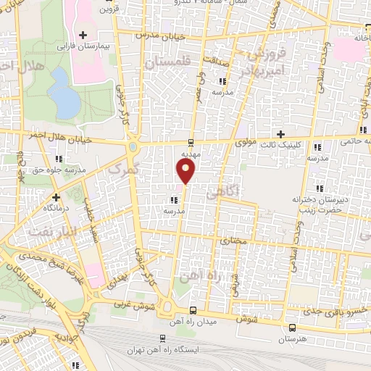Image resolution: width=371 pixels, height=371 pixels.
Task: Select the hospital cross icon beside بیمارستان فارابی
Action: click(x=84, y=35)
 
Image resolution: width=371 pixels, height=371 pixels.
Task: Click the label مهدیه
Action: click(x=191, y=154)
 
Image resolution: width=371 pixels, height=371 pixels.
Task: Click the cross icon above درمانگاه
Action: click(x=56, y=196)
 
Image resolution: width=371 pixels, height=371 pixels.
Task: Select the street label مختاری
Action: click(x=233, y=240)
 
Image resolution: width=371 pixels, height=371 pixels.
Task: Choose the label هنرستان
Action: click(x=293, y=338)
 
